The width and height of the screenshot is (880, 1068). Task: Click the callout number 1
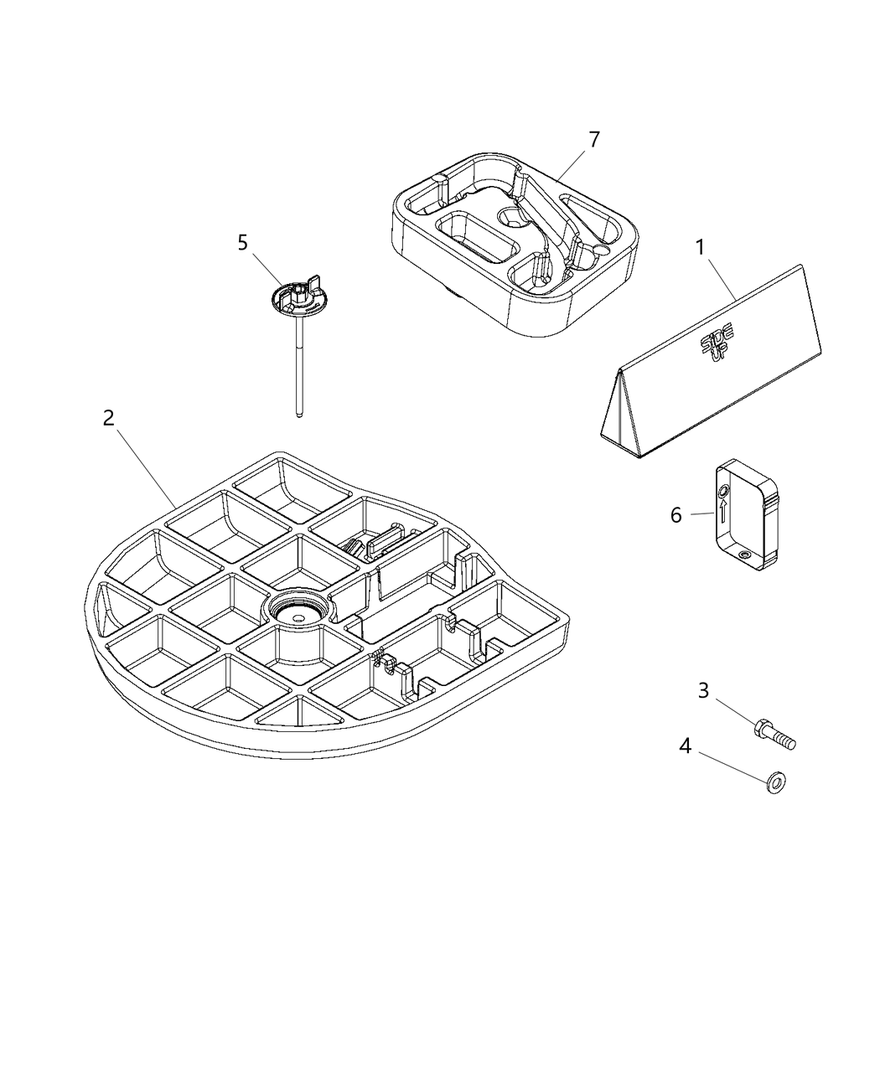[x=700, y=247]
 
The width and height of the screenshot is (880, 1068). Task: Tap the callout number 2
[x=108, y=418]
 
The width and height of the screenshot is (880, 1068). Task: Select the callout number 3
[x=703, y=690]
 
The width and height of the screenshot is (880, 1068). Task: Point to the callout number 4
[x=685, y=746]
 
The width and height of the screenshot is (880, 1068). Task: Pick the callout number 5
[x=242, y=243]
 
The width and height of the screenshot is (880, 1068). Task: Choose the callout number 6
[x=676, y=515]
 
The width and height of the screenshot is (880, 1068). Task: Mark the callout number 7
[x=594, y=140]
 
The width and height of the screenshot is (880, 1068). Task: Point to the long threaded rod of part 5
[x=298, y=369]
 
